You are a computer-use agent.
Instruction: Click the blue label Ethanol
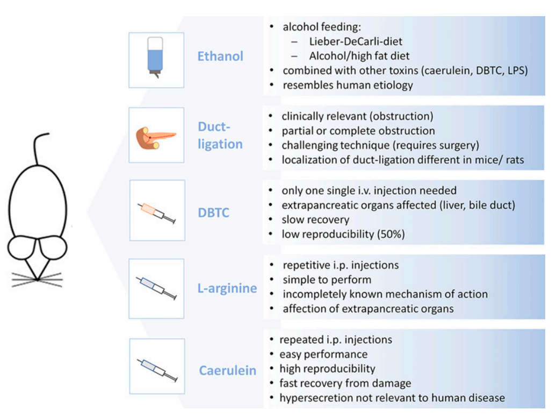(220, 56)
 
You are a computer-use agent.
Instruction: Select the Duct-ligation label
(220, 136)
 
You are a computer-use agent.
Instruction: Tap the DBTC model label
(213, 213)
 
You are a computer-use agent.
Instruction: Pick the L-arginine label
(227, 288)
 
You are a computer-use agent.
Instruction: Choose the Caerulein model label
(228, 371)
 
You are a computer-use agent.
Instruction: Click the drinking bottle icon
(155, 58)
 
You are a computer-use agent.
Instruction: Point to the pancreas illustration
(155, 138)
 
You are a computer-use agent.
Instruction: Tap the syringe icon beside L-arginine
(156, 288)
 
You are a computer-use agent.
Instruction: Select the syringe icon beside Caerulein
(157, 370)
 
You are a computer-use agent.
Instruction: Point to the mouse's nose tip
(37, 280)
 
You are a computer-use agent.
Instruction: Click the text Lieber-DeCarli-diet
(356, 41)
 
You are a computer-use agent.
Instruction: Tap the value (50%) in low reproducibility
(391, 234)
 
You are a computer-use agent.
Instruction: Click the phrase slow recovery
(315, 220)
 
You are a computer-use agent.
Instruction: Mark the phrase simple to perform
(327, 280)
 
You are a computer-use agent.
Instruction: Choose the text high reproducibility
(327, 369)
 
